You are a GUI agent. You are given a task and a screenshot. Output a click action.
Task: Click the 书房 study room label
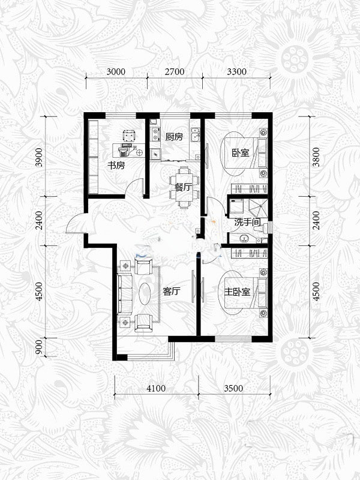(x=116, y=166)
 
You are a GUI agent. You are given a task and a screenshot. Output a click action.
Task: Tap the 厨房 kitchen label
(x=174, y=137)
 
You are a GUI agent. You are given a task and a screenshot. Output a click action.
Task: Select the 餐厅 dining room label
(x=183, y=187)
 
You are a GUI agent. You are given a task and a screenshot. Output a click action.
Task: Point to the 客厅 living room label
(x=172, y=291)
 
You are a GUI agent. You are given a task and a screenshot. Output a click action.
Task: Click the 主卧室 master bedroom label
(x=237, y=292)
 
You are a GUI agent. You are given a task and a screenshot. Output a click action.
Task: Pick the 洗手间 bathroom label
(x=248, y=222)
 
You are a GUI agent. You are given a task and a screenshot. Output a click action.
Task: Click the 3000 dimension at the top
(x=116, y=71)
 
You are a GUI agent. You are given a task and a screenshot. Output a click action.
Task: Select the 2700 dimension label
(x=175, y=71)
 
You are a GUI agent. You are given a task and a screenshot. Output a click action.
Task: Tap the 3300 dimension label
(x=236, y=71)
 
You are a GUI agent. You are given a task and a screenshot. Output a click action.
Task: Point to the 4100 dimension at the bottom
(x=156, y=388)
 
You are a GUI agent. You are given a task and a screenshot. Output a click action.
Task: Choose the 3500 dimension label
(x=233, y=388)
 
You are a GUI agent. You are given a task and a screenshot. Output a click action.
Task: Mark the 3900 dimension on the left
(x=39, y=157)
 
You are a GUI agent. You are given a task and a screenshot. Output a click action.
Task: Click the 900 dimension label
(x=39, y=347)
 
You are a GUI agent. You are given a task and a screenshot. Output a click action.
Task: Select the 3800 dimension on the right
(x=316, y=157)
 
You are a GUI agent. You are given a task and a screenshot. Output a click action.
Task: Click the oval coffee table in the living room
(x=145, y=293)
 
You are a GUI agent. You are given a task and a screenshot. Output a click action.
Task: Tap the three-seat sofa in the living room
(x=125, y=294)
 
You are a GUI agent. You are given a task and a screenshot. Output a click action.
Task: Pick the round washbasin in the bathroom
(x=244, y=238)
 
